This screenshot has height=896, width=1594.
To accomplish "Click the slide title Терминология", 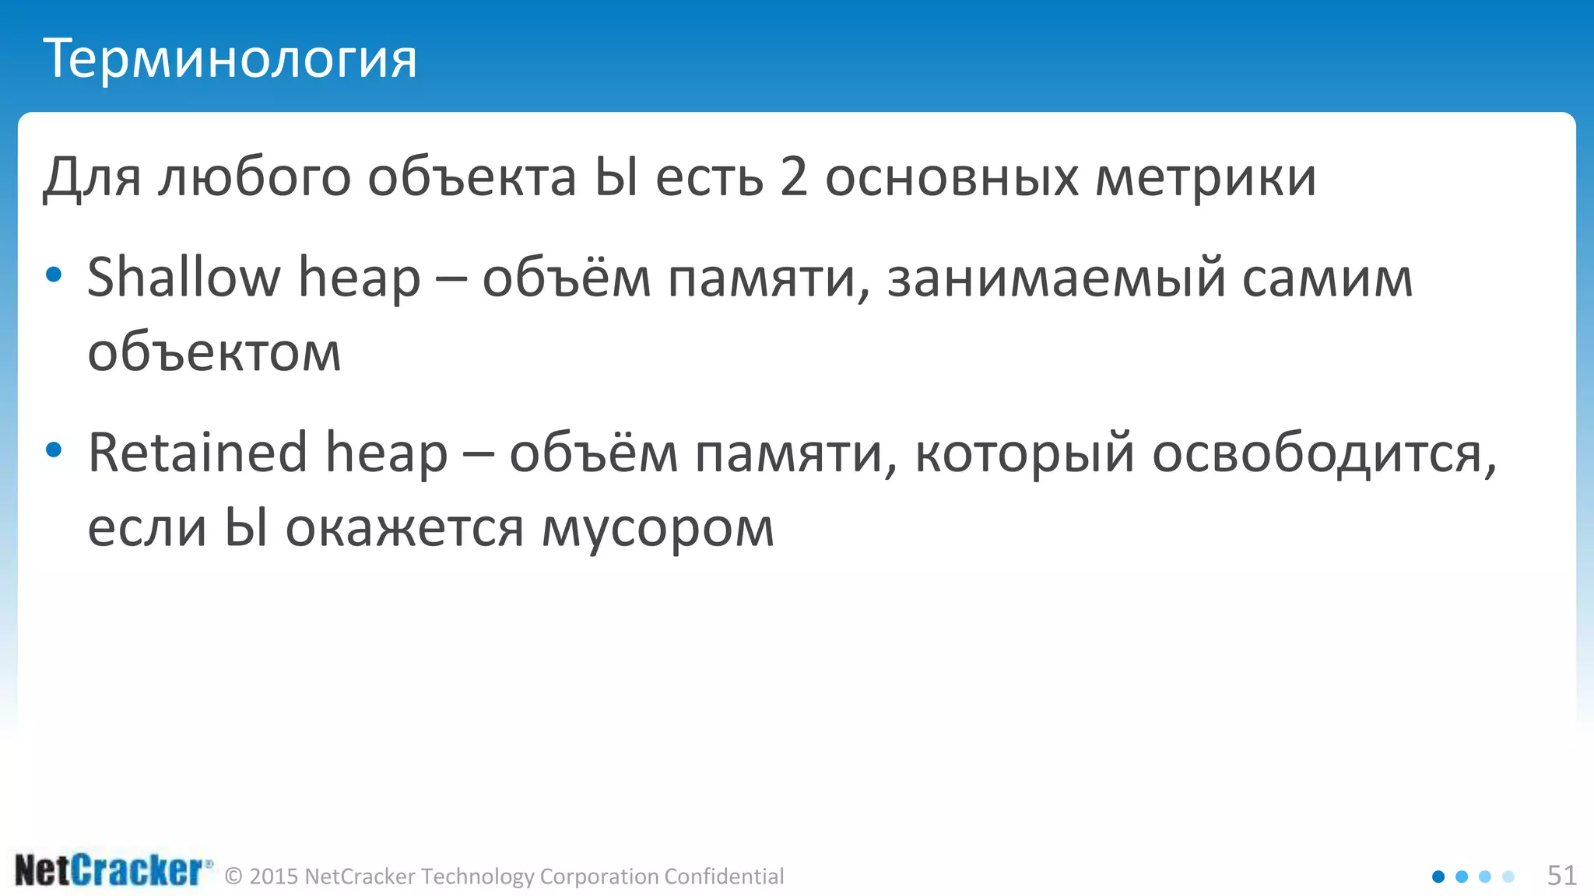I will tap(230, 59).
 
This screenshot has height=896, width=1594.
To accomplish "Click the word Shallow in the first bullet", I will tap(184, 278).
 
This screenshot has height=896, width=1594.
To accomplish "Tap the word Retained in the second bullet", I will tap(198, 453).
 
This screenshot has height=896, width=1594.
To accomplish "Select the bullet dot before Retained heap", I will tap(53, 450).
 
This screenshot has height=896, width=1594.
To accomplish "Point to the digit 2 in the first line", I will tap(793, 177).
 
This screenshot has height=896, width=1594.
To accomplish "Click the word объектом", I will tap(214, 353).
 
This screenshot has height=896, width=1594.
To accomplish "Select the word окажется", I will tap(405, 529).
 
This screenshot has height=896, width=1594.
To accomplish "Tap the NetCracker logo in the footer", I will tap(113, 871).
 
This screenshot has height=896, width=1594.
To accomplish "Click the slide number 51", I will tap(1561, 876).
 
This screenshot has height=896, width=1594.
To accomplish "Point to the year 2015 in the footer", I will tap(274, 877).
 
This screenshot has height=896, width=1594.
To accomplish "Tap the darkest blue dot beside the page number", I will tap(1438, 877).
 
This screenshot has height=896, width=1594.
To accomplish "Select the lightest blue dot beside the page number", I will tap(1508, 877).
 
